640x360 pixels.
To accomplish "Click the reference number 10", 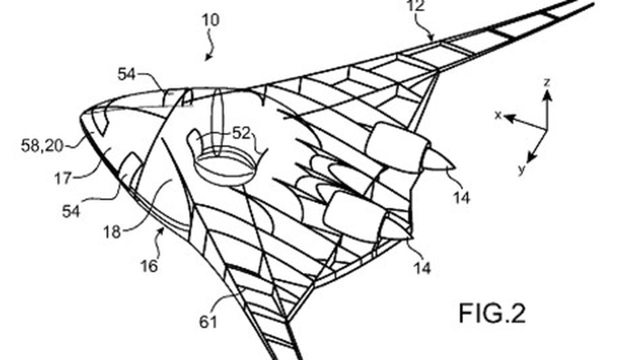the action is [x=211, y=20].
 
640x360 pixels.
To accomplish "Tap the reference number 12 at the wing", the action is [x=416, y=5].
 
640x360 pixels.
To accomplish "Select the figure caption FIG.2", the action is [x=492, y=313].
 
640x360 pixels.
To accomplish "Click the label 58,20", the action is [x=42, y=145].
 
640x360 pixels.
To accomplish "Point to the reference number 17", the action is [x=63, y=178].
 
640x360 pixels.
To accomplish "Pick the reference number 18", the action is [x=111, y=231].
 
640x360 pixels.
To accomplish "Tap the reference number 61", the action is [x=207, y=321].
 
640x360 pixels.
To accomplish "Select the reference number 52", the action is [x=241, y=133].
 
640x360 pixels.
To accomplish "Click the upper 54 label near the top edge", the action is [x=126, y=74].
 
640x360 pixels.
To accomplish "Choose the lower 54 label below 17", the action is [x=71, y=211].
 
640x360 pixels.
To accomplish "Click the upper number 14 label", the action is [x=461, y=197].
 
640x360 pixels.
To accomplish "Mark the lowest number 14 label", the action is [x=422, y=268].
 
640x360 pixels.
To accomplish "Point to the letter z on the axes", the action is [x=547, y=82].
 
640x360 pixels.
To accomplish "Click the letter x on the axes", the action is [x=498, y=115].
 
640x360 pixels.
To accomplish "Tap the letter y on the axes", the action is [x=521, y=169].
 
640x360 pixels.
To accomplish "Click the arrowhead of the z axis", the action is [x=547, y=95].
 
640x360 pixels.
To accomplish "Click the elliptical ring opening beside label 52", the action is [x=224, y=166].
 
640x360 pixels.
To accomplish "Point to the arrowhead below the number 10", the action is [x=208, y=57].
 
